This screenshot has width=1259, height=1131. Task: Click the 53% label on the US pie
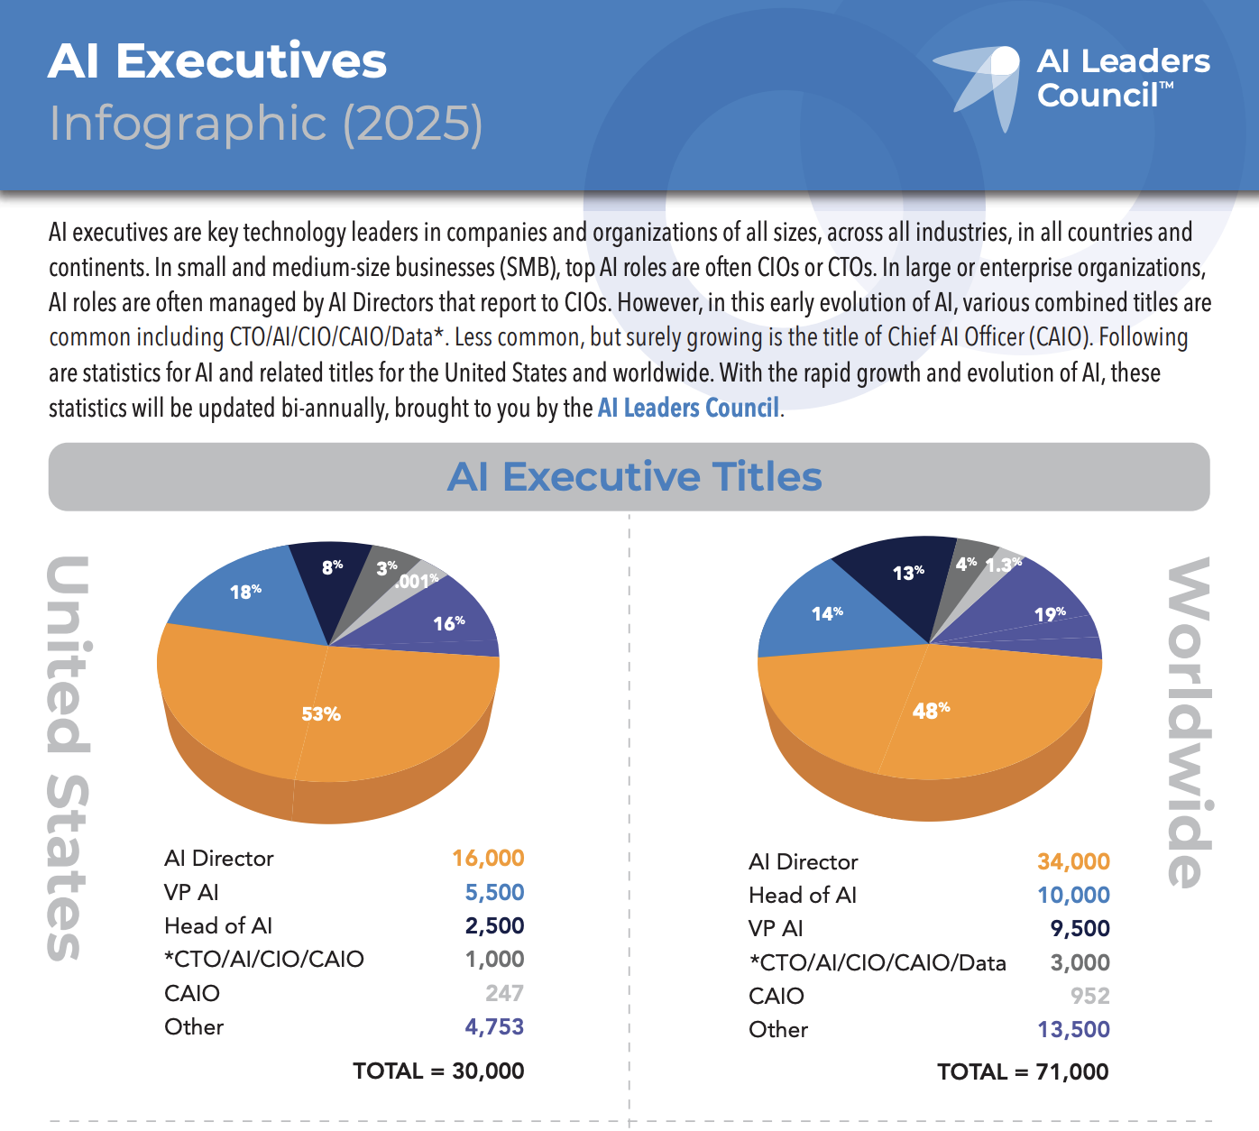321,714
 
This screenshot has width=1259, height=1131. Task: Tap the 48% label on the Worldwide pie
931,711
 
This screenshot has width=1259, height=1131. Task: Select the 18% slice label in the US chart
245,592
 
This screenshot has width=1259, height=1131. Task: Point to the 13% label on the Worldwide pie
908,573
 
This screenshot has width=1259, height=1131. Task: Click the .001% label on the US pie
417,582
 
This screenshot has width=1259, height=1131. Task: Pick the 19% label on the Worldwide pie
1050,614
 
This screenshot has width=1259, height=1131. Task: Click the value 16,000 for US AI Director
488,858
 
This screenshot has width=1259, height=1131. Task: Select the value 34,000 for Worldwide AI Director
1073,861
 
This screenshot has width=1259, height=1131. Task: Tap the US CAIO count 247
504,993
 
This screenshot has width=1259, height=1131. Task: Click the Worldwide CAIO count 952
1089,996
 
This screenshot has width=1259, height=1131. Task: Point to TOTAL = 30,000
438,1071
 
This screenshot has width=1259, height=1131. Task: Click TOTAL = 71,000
1023,1071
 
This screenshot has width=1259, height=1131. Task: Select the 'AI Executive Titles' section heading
634,476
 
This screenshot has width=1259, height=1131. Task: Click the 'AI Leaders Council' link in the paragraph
688,409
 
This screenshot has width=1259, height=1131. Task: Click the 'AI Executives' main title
217,61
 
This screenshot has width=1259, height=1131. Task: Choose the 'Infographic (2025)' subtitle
266,123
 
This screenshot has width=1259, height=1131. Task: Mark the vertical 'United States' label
69,758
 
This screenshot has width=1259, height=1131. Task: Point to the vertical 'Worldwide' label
1190,722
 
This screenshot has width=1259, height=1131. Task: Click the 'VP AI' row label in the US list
191,892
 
